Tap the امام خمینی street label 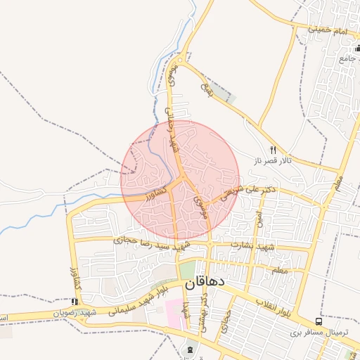(328, 30)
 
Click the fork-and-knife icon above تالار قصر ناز (273, 149)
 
